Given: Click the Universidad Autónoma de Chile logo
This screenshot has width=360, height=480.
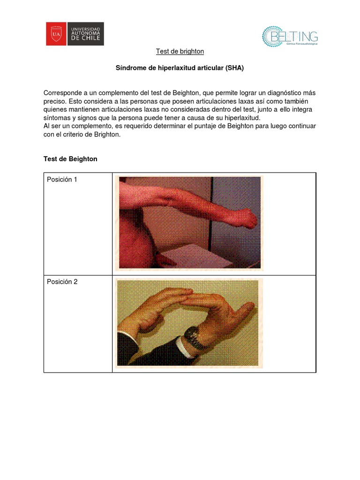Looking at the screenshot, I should (x=75, y=34).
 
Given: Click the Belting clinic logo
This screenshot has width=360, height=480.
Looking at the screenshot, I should (x=290, y=37).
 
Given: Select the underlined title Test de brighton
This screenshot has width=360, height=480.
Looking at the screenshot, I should (x=180, y=51).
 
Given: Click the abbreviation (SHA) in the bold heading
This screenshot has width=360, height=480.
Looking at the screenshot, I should (x=234, y=68).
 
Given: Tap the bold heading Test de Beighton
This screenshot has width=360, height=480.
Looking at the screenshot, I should (x=70, y=159).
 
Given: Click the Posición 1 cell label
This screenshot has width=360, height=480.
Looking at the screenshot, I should (x=62, y=180).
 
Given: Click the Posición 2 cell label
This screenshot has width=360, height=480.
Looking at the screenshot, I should (x=62, y=282).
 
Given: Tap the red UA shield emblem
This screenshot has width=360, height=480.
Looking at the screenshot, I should (x=56, y=34).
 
